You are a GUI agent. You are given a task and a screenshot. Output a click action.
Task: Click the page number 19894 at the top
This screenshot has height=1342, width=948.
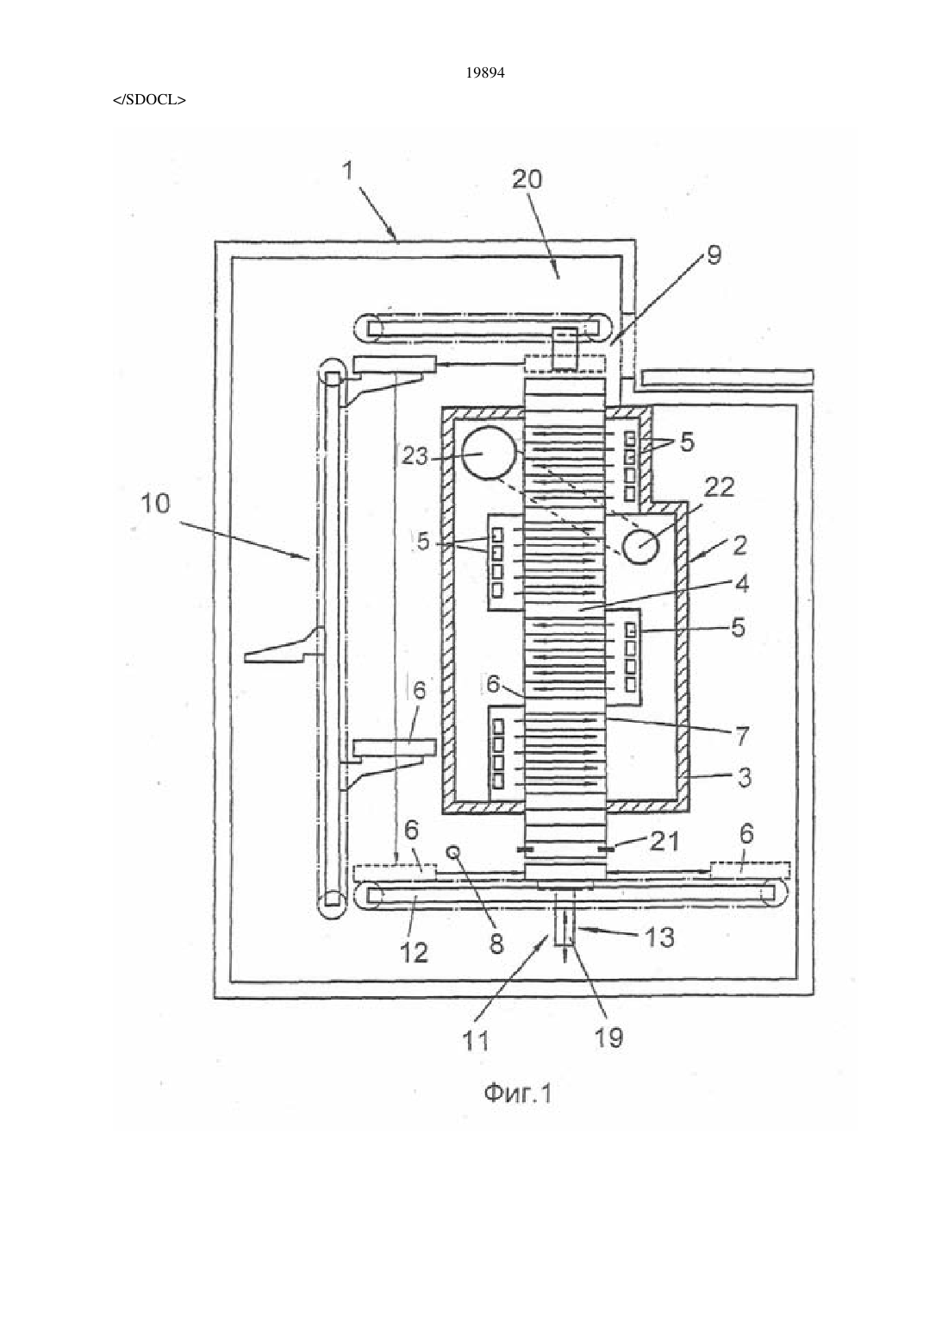[x=484, y=73]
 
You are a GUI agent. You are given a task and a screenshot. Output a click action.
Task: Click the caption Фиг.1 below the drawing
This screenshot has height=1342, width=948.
[x=517, y=1094]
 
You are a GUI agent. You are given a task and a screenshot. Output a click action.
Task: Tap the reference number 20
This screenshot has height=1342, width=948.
[x=527, y=179]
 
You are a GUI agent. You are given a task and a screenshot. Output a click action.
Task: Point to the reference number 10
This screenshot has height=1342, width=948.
[x=156, y=504]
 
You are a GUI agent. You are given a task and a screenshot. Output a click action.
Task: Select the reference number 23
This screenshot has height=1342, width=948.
[x=415, y=456]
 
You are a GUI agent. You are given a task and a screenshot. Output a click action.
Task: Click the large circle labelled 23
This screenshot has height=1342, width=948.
[x=490, y=453]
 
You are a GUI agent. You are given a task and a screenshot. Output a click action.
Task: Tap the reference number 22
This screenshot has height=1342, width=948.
[x=719, y=487]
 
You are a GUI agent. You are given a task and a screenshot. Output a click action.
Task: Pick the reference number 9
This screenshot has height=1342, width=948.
[x=714, y=255]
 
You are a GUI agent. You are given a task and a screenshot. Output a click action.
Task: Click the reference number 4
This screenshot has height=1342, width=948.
[x=741, y=583]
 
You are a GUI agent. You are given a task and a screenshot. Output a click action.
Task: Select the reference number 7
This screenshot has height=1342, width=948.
[x=742, y=736]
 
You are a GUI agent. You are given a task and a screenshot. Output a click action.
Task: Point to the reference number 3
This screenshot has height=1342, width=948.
[x=744, y=778]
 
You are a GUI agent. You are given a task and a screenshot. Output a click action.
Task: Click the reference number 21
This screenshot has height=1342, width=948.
[x=665, y=841]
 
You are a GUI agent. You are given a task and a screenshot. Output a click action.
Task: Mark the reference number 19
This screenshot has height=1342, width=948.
[x=608, y=1037]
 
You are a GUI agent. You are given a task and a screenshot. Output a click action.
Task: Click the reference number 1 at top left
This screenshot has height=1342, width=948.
[x=348, y=172]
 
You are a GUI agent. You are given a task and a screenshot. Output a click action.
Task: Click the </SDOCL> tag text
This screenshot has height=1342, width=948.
[x=150, y=100]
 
